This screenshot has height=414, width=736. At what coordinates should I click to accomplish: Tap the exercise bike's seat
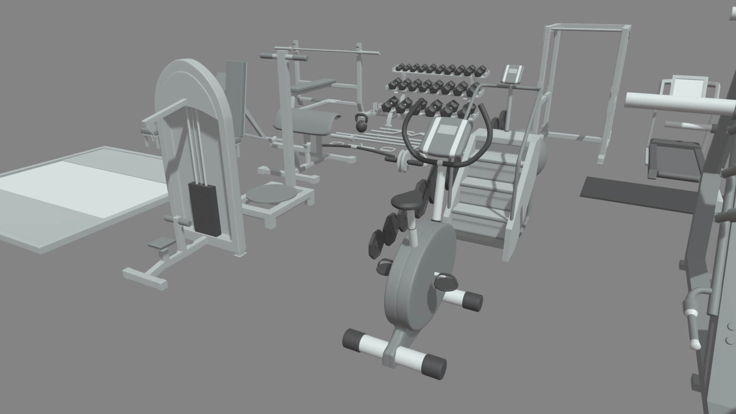pos(407,200)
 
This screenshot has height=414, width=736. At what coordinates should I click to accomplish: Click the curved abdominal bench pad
pos(307,123)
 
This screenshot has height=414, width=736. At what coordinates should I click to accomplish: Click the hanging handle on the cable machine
pos(148,136)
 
